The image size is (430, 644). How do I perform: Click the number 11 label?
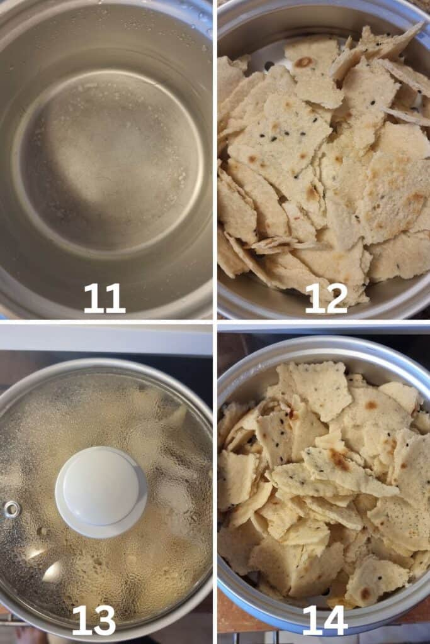pos(105,298)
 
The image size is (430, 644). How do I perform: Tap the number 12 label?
pos(326,299)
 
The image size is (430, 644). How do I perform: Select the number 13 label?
pos(94,620)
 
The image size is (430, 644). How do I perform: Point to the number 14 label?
pos(325,621)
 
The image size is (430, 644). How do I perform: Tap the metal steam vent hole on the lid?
pos(12,509)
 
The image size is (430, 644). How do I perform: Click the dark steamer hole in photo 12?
pos(269,65)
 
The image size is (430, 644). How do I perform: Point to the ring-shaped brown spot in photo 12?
pos(304,62)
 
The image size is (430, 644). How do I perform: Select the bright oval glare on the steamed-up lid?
pos(52,572)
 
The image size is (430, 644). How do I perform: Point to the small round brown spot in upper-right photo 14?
pos(371,406)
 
